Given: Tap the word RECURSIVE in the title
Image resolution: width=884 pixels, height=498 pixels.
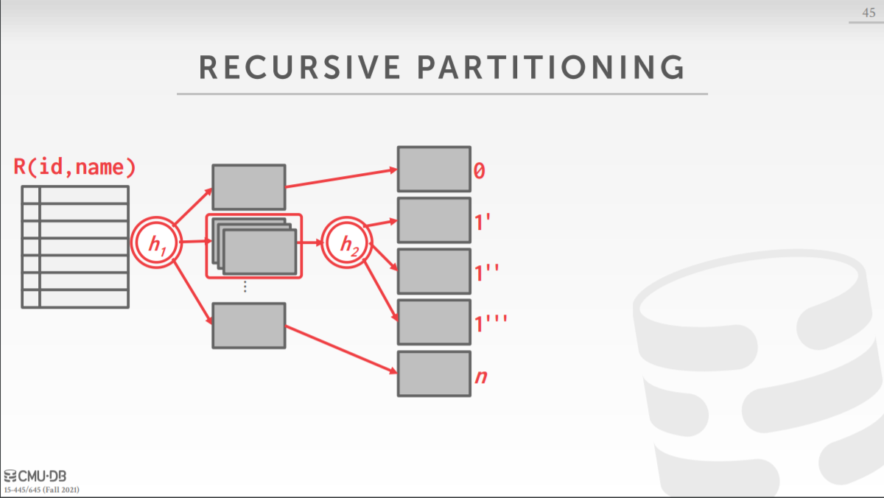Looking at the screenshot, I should (300, 67).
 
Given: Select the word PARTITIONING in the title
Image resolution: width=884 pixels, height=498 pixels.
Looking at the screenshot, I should (550, 67).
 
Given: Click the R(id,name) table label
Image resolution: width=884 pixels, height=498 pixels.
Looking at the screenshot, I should (75, 167).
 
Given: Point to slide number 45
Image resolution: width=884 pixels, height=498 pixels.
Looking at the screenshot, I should (869, 13).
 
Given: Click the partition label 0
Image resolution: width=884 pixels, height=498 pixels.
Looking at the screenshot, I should (480, 171).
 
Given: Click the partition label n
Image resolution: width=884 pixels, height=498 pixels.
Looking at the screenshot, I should (481, 376).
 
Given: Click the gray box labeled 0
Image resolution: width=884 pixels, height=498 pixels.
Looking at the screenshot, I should (434, 169).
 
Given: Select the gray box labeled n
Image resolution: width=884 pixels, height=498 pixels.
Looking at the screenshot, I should (434, 373).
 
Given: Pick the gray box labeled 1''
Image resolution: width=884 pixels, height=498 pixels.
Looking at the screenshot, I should (434, 271).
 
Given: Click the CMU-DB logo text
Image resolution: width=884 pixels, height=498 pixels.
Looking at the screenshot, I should (41, 476).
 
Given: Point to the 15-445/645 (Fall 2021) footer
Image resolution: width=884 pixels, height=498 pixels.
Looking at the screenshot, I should (42, 489).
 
